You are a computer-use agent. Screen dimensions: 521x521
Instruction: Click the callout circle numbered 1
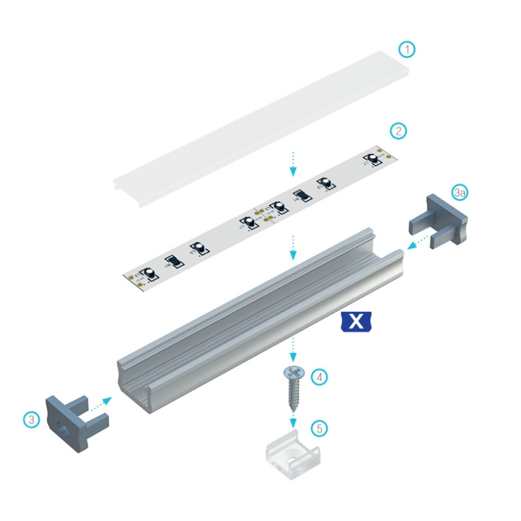(407, 49)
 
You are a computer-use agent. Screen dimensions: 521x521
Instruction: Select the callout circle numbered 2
(399, 131)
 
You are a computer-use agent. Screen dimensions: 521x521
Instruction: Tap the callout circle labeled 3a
(460, 193)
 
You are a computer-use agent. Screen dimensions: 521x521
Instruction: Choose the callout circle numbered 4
(318, 376)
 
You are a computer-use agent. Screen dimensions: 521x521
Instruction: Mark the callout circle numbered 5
(319, 428)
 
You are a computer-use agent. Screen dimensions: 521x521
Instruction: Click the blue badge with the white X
(356, 320)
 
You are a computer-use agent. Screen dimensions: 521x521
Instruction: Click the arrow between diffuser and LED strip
(294, 163)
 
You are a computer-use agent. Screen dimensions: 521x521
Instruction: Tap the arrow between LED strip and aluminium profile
(294, 247)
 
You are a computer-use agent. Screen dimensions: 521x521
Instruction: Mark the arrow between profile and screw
(294, 350)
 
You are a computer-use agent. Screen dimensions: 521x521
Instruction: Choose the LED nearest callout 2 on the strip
(374, 158)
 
